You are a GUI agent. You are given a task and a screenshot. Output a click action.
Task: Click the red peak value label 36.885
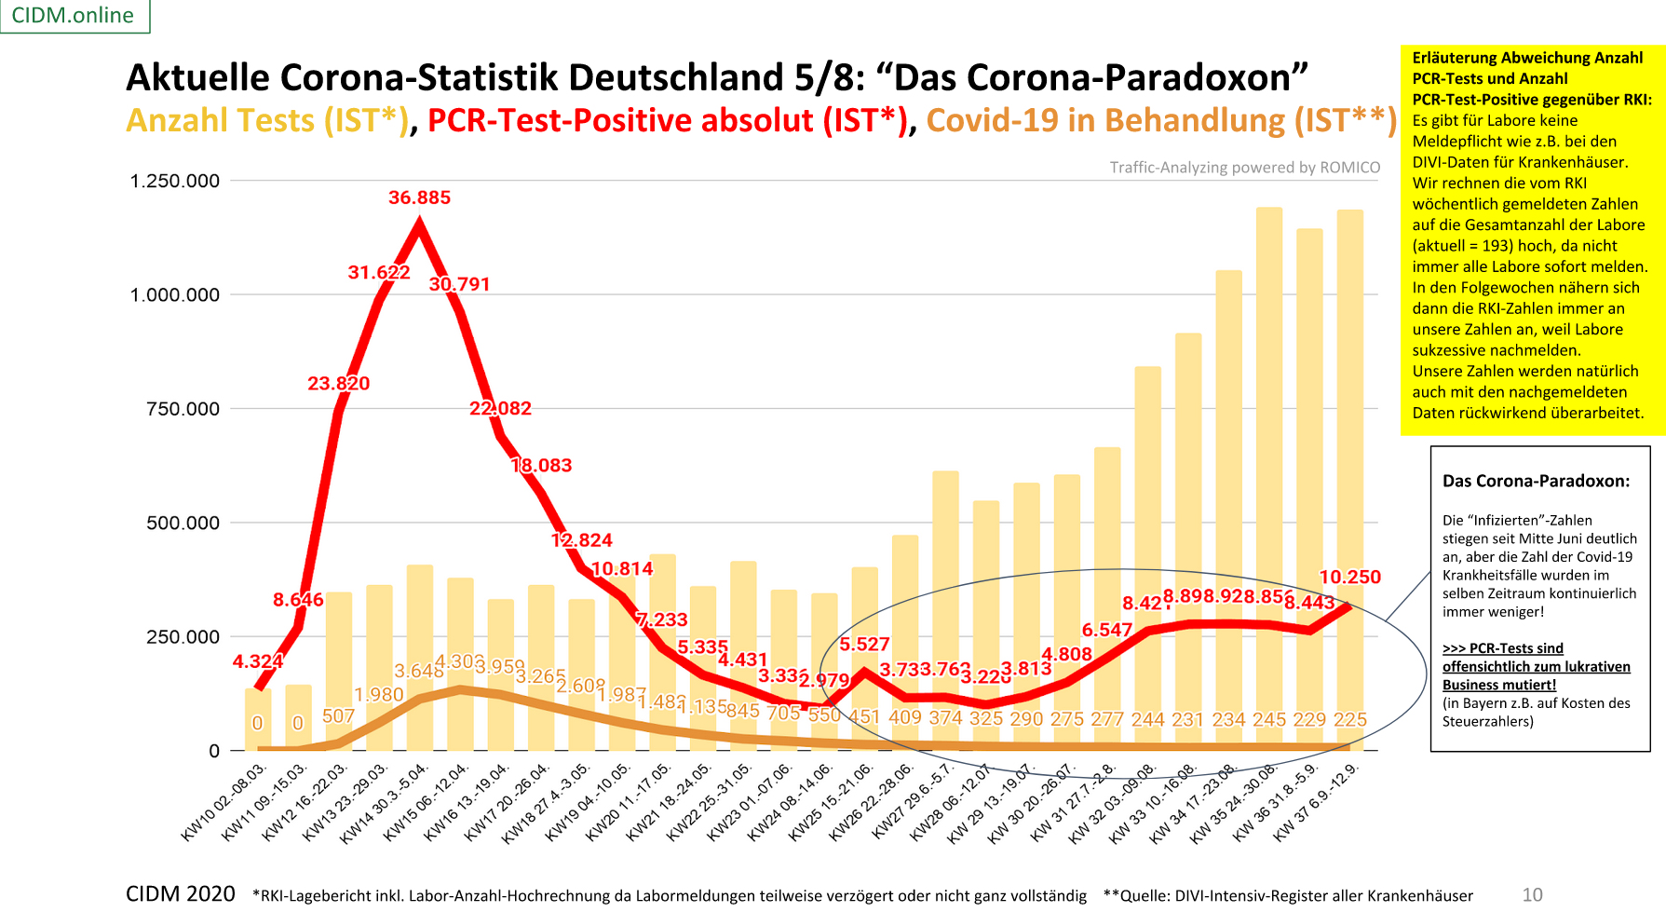click(x=419, y=197)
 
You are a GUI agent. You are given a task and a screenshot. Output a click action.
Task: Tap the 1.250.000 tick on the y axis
click(x=175, y=181)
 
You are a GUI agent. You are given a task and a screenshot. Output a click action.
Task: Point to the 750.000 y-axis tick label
click(x=183, y=409)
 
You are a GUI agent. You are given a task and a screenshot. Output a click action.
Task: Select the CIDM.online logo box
click(x=74, y=16)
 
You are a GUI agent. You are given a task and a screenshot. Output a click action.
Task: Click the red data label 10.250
click(x=1349, y=577)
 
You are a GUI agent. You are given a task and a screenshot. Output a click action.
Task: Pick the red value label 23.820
click(x=338, y=383)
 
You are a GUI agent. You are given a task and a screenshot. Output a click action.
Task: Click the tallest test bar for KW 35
click(x=1268, y=466)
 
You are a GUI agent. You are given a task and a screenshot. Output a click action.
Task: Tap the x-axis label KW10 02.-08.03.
click(x=224, y=802)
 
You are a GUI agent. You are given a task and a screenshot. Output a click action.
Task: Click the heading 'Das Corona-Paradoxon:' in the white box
click(x=1536, y=481)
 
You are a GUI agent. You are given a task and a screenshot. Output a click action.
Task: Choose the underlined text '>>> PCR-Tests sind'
click(x=1502, y=648)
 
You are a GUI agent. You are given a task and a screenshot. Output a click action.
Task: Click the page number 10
click(x=1532, y=894)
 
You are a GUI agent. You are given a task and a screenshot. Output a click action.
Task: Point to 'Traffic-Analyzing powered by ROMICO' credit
click(x=1244, y=168)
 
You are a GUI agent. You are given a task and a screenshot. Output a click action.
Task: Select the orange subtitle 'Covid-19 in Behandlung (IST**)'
click(x=1161, y=121)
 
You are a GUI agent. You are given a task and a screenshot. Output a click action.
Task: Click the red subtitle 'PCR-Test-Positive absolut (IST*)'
click(x=667, y=121)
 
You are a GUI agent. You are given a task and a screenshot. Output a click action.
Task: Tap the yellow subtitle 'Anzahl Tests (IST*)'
click(x=267, y=121)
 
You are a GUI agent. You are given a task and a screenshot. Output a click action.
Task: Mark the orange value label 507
click(x=338, y=715)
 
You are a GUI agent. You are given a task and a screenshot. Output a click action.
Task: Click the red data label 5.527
click(x=864, y=644)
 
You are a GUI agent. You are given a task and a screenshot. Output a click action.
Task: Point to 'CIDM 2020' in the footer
click(x=180, y=894)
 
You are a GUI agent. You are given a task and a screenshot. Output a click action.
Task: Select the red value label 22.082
click(x=500, y=408)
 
